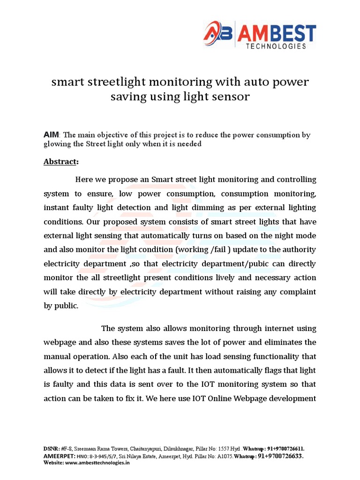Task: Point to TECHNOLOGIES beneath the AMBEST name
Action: [277, 46]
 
